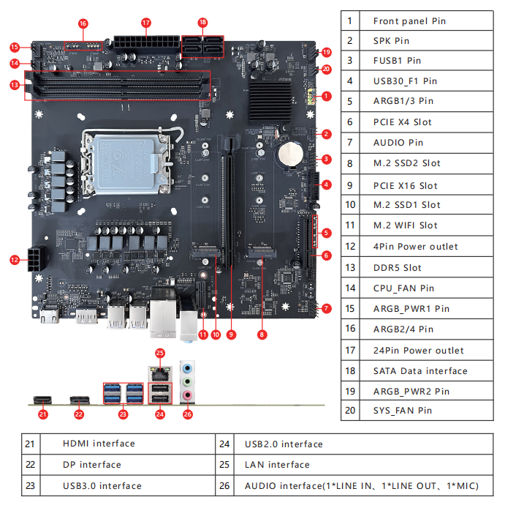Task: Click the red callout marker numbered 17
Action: (146, 23)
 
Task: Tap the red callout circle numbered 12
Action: (15, 260)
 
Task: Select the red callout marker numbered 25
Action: (160, 353)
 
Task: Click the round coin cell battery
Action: (291, 154)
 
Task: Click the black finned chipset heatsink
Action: (270, 102)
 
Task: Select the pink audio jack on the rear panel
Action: (188, 395)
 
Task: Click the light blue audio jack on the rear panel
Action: (188, 368)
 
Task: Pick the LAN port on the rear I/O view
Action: (161, 374)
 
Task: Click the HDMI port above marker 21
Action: (42, 400)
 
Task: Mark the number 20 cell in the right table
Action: (350, 411)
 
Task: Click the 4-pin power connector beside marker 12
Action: (37, 258)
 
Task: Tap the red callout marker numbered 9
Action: (231, 335)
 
